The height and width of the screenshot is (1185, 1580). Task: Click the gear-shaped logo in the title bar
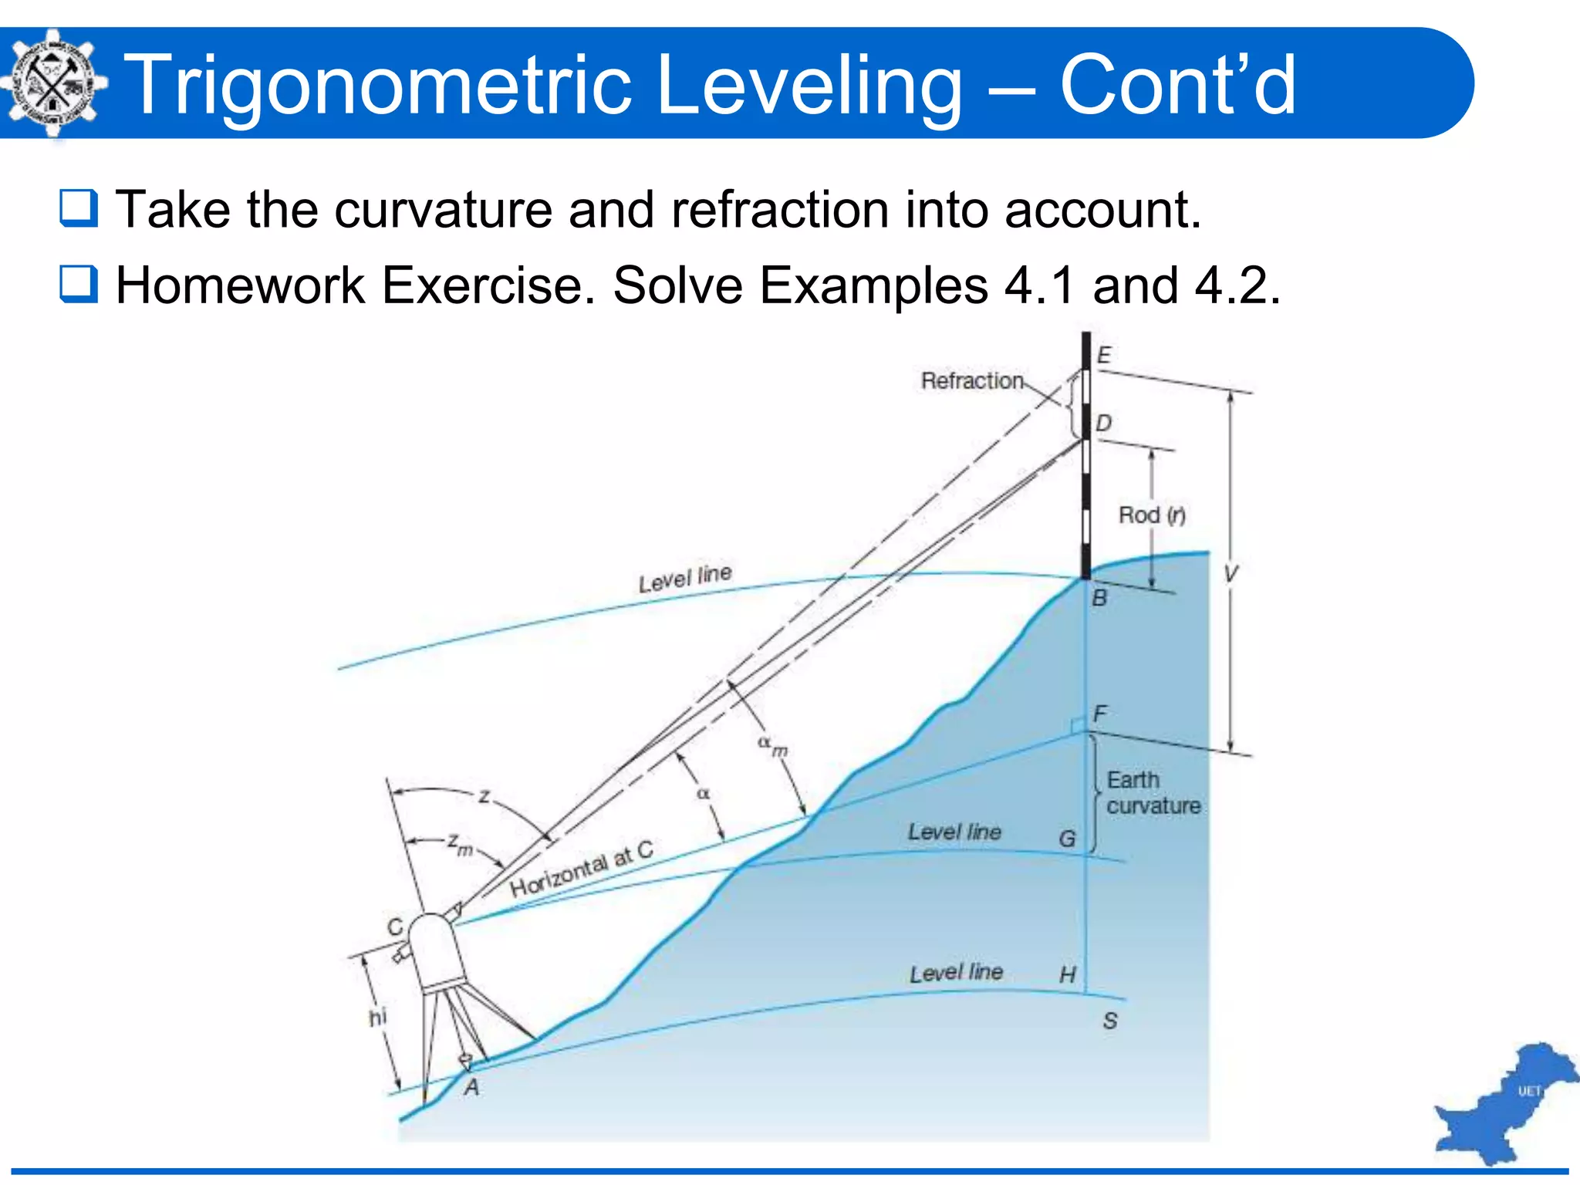point(52,83)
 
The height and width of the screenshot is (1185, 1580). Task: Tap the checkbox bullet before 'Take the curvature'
point(79,208)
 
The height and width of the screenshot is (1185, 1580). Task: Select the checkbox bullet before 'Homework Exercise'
point(79,284)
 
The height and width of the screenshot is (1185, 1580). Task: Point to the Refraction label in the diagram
point(972,380)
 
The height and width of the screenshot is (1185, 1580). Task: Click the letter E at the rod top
point(1104,355)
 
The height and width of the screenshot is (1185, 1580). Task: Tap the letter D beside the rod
point(1104,423)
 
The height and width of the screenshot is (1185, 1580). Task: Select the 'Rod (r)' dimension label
point(1152,515)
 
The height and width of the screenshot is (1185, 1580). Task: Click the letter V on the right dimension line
point(1231,573)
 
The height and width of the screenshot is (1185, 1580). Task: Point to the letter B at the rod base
point(1099,598)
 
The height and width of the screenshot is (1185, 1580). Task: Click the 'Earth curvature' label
point(1153,793)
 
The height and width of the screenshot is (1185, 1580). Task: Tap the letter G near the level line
point(1067,839)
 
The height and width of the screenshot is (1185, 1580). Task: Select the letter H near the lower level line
point(1067,975)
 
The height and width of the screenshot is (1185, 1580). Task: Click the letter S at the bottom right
point(1110,1021)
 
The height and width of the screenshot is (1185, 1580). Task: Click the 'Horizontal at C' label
point(582,869)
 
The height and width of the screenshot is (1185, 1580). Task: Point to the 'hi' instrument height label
point(377,1018)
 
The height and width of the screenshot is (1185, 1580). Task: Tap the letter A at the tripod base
point(471,1088)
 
